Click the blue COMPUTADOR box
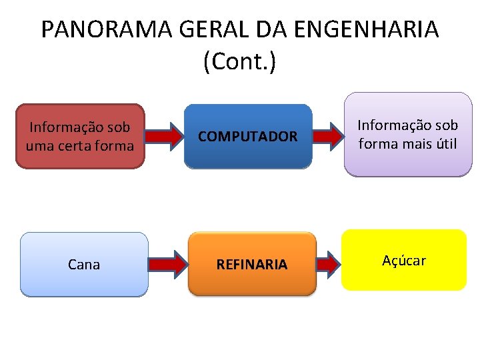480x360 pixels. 248,136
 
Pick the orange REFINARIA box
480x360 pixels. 251,264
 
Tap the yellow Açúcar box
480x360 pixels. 403,260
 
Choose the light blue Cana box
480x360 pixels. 84,264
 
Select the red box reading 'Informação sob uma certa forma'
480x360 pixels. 80,136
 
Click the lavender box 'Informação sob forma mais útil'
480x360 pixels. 408,134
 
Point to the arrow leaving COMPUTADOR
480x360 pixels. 327,135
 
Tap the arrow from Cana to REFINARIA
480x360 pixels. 167,265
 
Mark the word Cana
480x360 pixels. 84,265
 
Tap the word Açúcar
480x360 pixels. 403,261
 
